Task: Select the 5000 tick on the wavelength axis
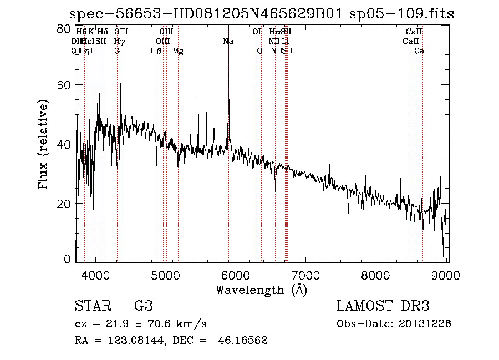tap(165, 275)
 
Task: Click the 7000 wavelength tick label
tap(306, 275)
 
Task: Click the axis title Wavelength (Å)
tap(261, 290)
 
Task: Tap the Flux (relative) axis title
tap(43, 144)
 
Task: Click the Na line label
tap(228, 42)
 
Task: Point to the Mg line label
tap(178, 51)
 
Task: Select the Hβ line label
tap(156, 51)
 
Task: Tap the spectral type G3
tap(144, 306)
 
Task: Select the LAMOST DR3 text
tap(383, 306)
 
